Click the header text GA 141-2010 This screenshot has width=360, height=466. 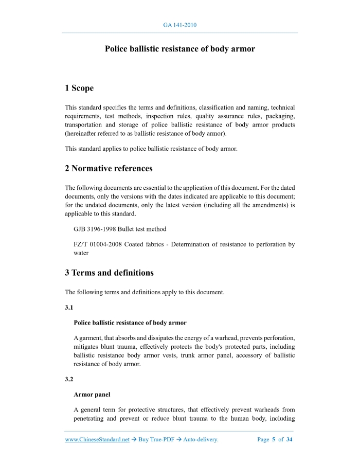[x=180, y=25]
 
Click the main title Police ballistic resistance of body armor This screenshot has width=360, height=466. [x=180, y=49]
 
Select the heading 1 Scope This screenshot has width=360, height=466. [x=79, y=88]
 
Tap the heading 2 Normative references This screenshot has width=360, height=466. [x=109, y=168]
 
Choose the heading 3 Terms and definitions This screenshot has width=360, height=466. [x=109, y=273]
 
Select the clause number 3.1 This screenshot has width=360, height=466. [x=69, y=308]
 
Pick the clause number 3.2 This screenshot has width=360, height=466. [x=69, y=380]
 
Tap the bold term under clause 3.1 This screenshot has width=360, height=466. [x=130, y=322]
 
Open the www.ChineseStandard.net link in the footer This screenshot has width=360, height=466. [x=97, y=440]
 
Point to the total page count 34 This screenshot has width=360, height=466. [x=289, y=440]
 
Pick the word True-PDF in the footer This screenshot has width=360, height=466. [x=161, y=440]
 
